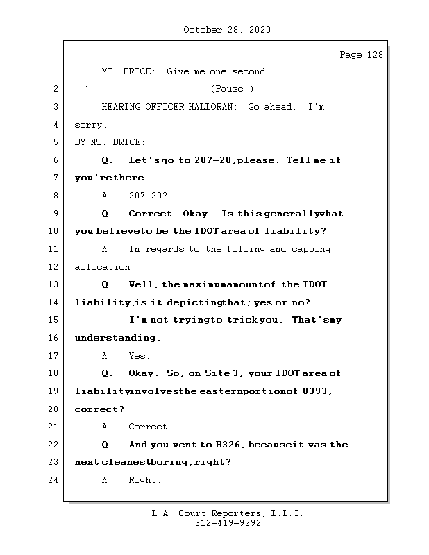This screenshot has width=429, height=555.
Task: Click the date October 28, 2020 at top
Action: click(227, 30)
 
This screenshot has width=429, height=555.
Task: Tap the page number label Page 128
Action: click(361, 55)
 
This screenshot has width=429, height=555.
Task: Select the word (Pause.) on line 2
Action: click(232, 89)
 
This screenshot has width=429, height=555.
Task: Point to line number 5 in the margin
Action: click(55, 142)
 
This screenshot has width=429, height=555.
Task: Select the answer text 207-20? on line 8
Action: click(148, 196)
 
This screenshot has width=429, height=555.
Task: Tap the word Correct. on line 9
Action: click(153, 214)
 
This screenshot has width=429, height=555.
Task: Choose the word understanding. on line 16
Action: click(117, 338)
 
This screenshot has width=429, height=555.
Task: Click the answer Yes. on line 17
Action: click(139, 356)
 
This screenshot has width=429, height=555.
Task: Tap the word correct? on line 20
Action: click(99, 409)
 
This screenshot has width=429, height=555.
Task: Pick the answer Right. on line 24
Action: click(144, 480)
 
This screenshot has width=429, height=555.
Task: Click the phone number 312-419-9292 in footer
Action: click(228, 524)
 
